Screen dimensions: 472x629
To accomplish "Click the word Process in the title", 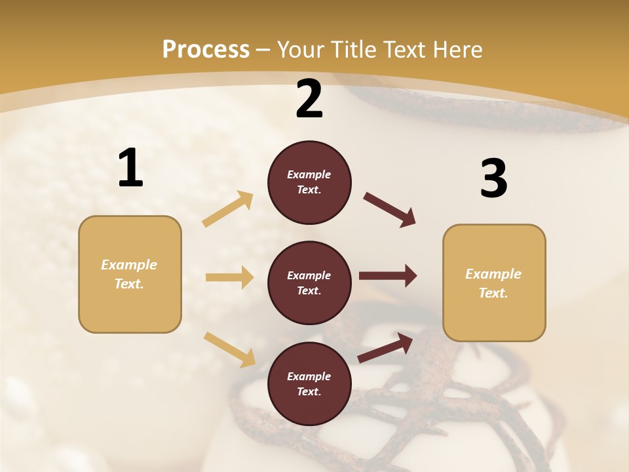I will tap(206, 50).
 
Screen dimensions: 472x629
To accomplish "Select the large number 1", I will tap(130, 168).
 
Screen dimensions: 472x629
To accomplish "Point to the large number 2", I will tap(309, 99).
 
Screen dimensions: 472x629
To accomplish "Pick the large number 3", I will tap(493, 179).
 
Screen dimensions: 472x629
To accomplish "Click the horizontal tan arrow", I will tap(229, 277).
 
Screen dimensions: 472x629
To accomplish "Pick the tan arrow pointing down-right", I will tap(230, 349).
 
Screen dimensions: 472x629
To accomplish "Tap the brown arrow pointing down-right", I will tap(390, 210).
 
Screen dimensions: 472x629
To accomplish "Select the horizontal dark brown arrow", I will tap(387, 276).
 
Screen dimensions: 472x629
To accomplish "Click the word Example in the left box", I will tap(129, 265).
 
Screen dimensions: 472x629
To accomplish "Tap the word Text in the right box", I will tap(493, 293).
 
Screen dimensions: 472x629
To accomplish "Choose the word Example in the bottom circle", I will tap(309, 376).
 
